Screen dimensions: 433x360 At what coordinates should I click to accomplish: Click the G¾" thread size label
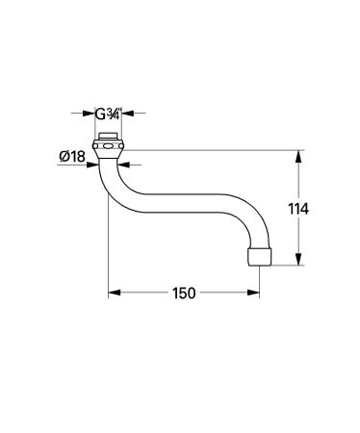[x=107, y=112]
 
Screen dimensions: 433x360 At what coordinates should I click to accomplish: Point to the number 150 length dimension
[x=185, y=293]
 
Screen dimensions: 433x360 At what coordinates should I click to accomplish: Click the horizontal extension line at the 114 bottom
[x=289, y=267]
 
